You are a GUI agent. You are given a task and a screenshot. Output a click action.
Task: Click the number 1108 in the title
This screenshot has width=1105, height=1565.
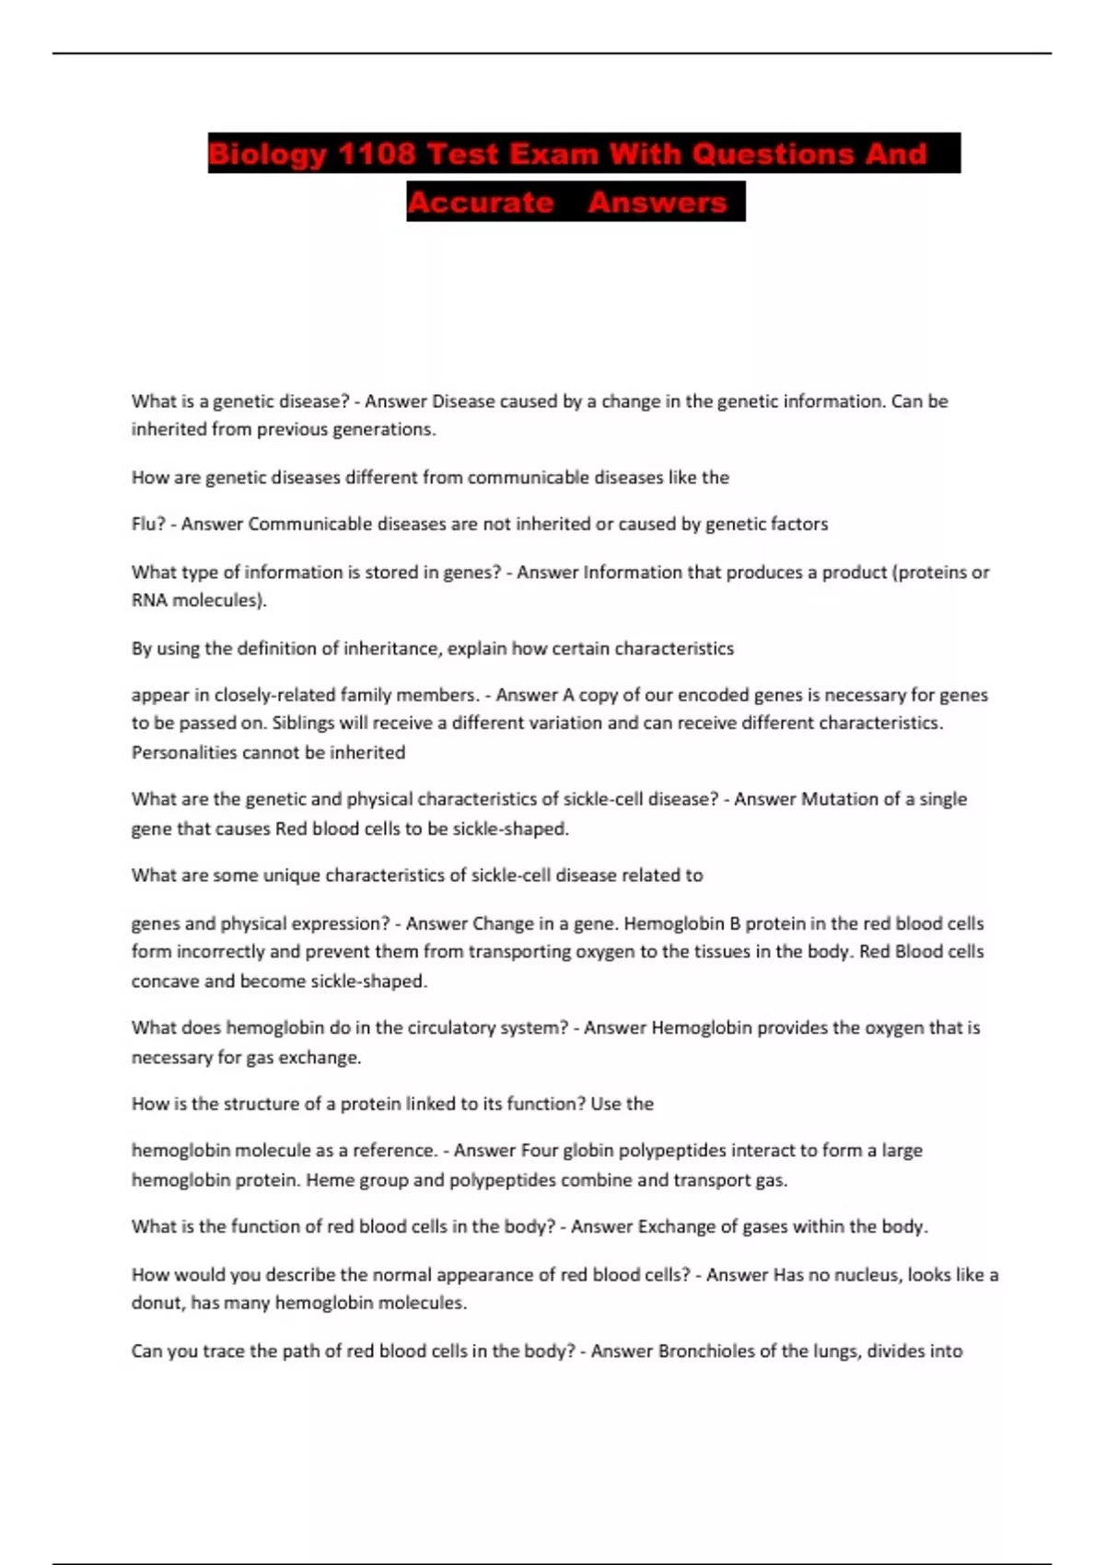tap(376, 154)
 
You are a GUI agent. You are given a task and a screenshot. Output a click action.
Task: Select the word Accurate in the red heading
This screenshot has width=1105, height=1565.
tap(480, 203)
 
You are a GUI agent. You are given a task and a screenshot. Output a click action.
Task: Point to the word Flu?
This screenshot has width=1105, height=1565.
tap(148, 524)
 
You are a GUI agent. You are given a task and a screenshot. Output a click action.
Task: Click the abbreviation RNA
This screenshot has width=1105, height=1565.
tap(150, 600)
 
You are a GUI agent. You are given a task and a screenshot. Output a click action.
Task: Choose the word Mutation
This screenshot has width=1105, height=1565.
tap(840, 799)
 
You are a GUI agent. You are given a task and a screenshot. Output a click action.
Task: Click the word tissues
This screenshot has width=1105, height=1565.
tap(721, 951)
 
